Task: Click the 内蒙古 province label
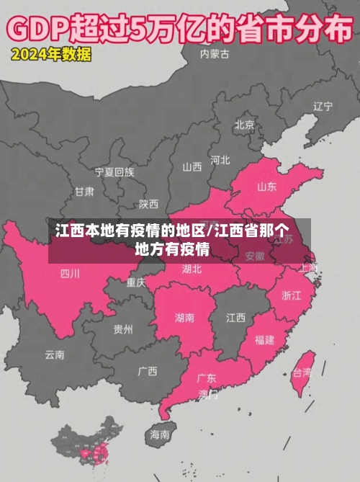pos(215,53)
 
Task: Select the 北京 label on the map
pos(244,125)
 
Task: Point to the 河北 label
pos(220,159)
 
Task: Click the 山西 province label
pos(192,167)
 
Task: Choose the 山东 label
pos(266,187)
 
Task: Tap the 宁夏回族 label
pos(114,172)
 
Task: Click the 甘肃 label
pos(84,192)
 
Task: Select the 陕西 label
pos(149,204)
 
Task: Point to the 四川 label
pos(70,273)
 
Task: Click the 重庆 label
pos(136,282)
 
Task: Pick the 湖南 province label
pos(184,317)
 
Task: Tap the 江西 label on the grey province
pos(235,317)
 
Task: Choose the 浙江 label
pos(292,295)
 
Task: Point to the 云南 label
pos(55,354)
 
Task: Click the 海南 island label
pos(160,434)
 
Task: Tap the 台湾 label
pos(302,372)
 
